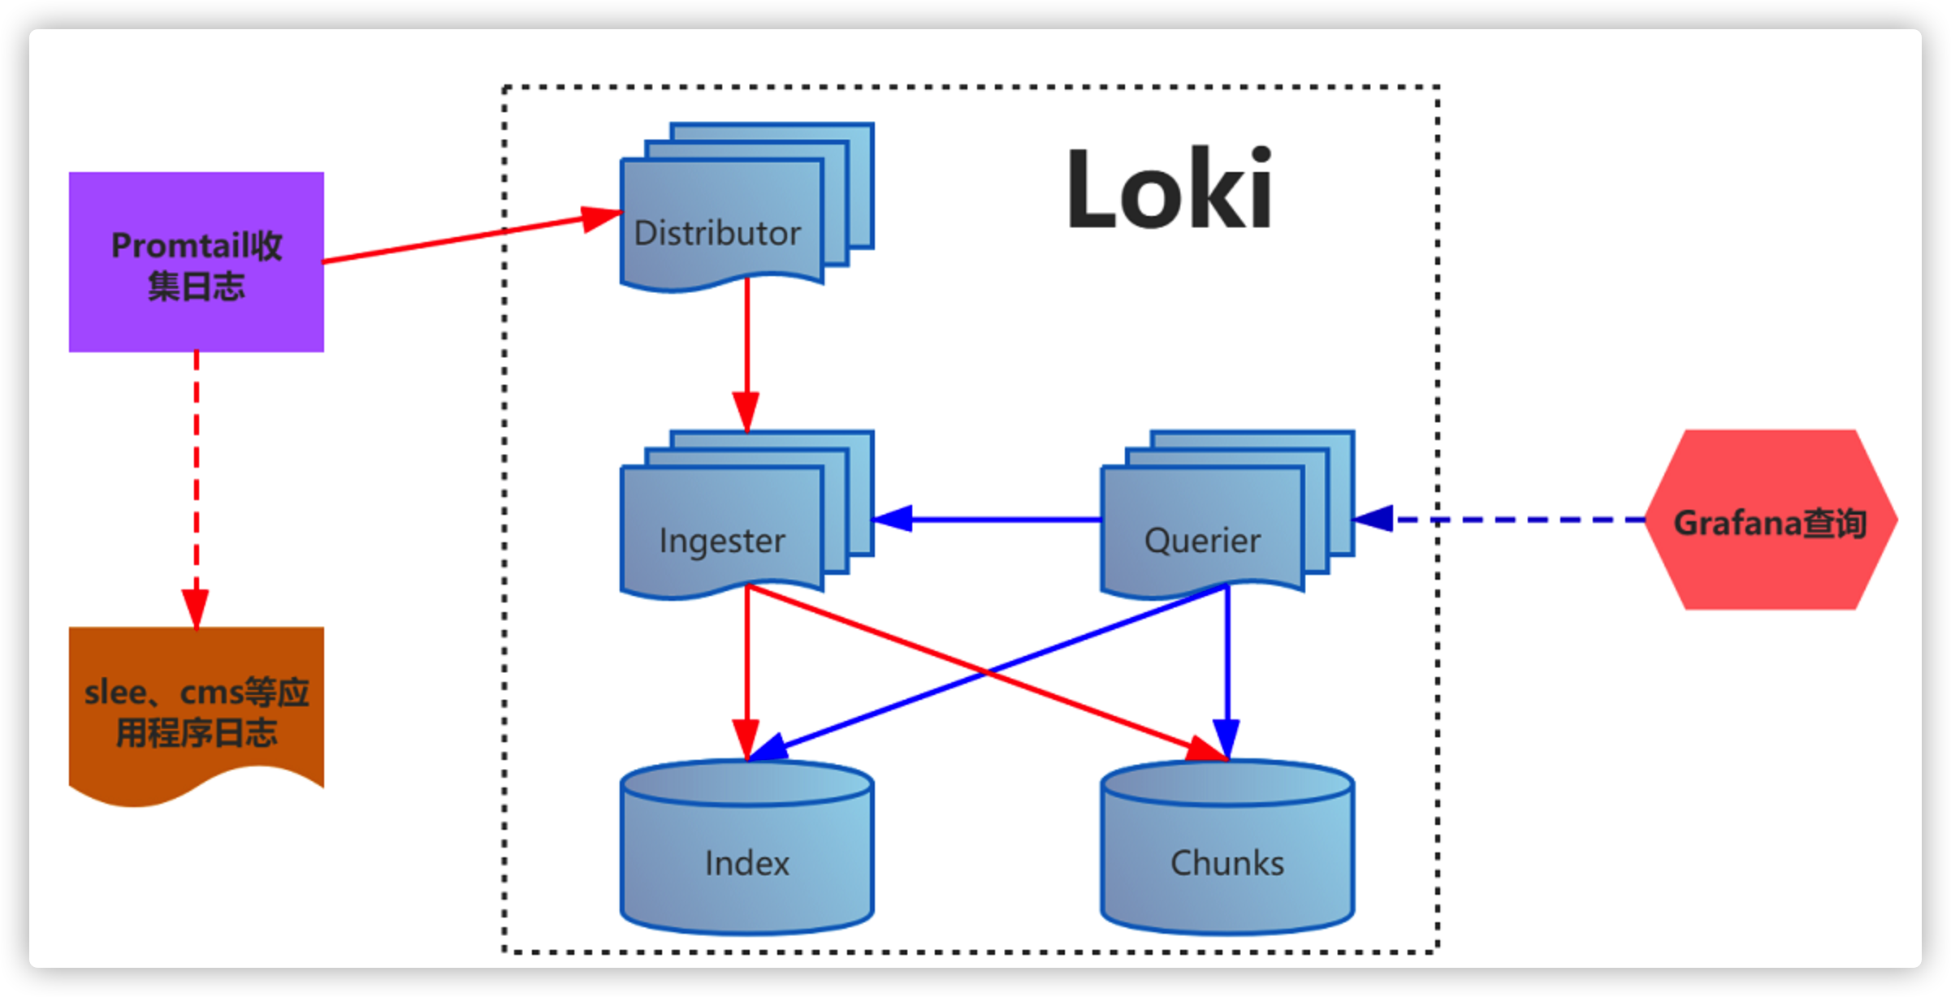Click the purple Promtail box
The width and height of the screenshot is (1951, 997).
click(x=196, y=261)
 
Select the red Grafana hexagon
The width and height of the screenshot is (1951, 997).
click(x=1771, y=520)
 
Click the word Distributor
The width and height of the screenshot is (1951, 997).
click(x=717, y=233)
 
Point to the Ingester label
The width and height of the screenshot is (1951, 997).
click(x=722, y=541)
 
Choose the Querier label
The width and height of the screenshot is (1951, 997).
click(x=1202, y=541)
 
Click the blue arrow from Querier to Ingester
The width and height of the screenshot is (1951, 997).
click(x=999, y=519)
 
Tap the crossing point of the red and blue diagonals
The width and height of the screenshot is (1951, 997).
click(x=986, y=672)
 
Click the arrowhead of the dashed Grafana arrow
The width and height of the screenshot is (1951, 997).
click(x=1374, y=519)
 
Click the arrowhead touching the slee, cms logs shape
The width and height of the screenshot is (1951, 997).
click(x=196, y=609)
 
